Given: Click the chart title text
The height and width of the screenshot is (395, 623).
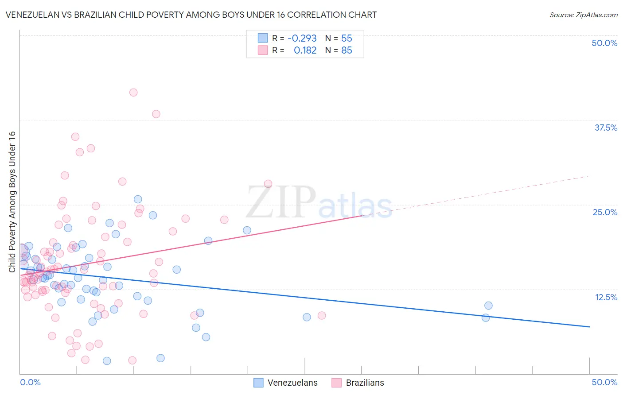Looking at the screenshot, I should (191, 15).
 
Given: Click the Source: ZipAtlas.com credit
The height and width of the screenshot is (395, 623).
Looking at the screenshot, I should (583, 15).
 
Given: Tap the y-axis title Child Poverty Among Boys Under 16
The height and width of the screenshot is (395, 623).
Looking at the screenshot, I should (12, 202).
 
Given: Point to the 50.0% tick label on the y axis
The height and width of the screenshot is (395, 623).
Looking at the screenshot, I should (604, 43).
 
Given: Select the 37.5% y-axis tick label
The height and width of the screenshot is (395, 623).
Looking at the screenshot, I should (606, 128).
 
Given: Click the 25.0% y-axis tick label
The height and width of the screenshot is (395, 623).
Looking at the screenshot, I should (605, 212).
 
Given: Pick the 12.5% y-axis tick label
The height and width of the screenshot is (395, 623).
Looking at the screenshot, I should (606, 297).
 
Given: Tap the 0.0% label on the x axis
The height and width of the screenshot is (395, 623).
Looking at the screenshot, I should (31, 382).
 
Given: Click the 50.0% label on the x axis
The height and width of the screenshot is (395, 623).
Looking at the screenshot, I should (604, 382).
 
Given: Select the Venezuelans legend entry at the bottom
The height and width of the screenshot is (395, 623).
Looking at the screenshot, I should (285, 383).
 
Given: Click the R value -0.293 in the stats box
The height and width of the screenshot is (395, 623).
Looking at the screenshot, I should (302, 39).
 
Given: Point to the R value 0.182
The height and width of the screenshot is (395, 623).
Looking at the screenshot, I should (305, 50).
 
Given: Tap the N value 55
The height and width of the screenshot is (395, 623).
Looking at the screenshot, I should (347, 39).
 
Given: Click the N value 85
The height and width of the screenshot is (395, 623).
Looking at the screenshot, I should (347, 50).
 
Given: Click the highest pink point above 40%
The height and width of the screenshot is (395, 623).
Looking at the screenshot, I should (133, 93).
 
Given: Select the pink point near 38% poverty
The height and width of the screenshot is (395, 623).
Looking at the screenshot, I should (156, 114).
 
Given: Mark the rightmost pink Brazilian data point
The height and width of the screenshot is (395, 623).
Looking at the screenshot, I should (322, 315).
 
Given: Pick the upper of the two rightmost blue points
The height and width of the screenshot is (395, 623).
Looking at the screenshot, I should (488, 306).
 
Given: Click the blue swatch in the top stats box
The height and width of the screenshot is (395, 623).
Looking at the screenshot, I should (263, 38).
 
